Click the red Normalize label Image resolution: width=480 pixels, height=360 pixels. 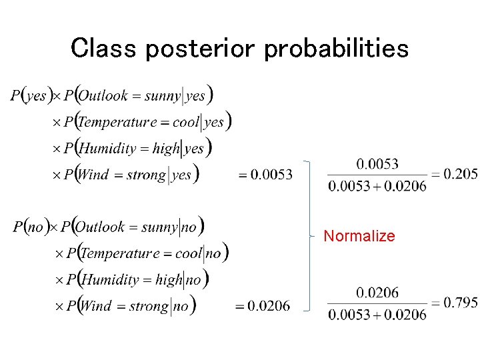pos(359,236)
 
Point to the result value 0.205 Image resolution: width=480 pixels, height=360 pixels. pos(461,174)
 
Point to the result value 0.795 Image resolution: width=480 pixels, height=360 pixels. pos(461,303)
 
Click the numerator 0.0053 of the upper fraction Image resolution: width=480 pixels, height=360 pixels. pos(377,163)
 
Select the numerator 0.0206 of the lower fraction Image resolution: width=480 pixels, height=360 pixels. pos(377,293)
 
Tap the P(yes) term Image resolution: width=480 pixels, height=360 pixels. pos(30,96)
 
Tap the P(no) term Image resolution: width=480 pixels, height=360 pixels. pos(29,227)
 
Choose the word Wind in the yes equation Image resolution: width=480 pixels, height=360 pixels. pos(93,175)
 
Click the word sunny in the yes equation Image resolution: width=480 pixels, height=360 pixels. pos(162,96)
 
